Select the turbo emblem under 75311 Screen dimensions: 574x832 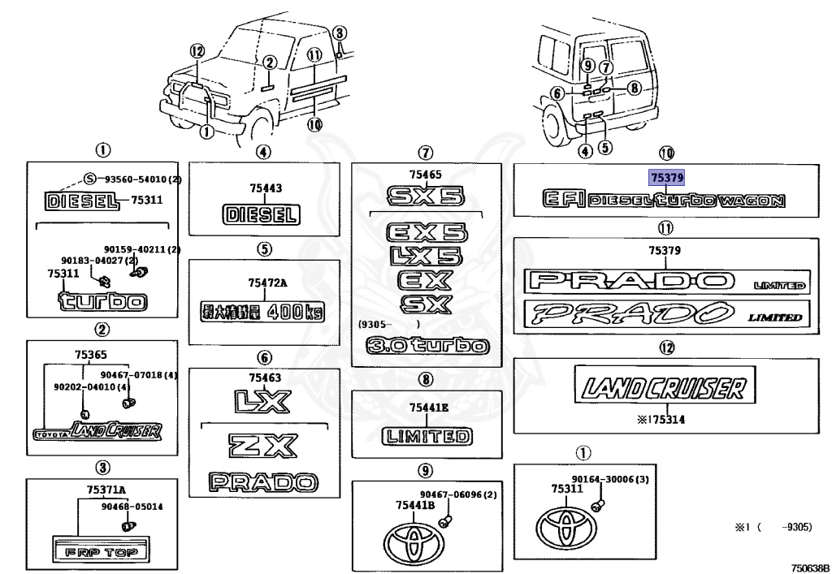(x=103, y=302)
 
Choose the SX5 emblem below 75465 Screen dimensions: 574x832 (x=425, y=196)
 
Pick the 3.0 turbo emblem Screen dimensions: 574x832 (x=427, y=347)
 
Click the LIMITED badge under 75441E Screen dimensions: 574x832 (x=427, y=436)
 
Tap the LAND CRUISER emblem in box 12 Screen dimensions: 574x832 (x=660, y=387)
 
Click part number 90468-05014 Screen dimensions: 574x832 (x=132, y=507)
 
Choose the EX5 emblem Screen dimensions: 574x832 (x=427, y=233)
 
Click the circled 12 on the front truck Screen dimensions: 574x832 (x=195, y=50)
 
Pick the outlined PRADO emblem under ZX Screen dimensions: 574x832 (x=261, y=481)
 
